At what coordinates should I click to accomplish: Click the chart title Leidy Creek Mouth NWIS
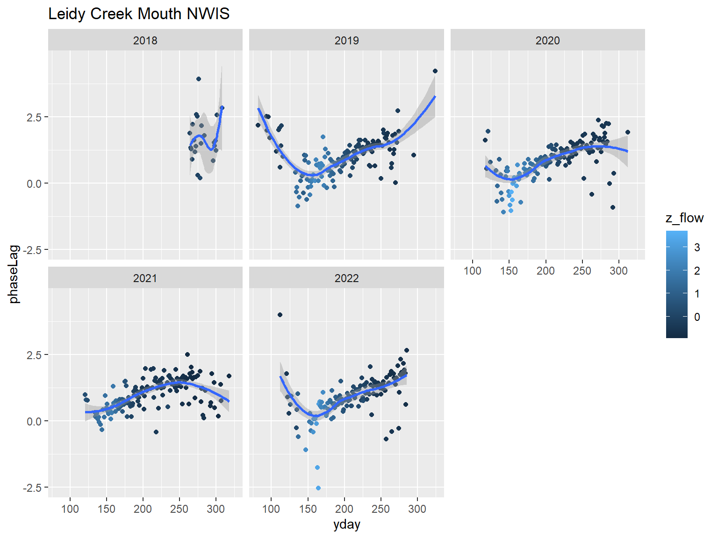point(139,14)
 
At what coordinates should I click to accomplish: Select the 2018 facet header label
point(145,41)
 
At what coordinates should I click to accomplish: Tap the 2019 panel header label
point(346,41)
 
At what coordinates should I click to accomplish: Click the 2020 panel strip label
point(547,41)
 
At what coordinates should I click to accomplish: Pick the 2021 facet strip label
point(145,278)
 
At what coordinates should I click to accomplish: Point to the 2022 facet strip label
point(346,278)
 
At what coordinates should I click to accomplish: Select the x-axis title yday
point(346,524)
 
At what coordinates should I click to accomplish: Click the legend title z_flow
point(684,218)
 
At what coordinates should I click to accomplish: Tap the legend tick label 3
point(697,248)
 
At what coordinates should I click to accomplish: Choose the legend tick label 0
point(697,317)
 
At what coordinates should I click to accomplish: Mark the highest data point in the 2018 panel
point(199,79)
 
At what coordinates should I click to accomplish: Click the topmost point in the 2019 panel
point(435,71)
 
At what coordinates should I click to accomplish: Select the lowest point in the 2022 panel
point(318,488)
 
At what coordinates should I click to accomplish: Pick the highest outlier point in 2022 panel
point(280,315)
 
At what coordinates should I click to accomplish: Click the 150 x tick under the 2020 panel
point(509,271)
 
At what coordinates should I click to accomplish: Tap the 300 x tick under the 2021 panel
point(215,509)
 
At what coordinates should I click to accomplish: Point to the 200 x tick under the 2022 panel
point(344,509)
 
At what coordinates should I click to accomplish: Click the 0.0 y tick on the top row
point(34,184)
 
